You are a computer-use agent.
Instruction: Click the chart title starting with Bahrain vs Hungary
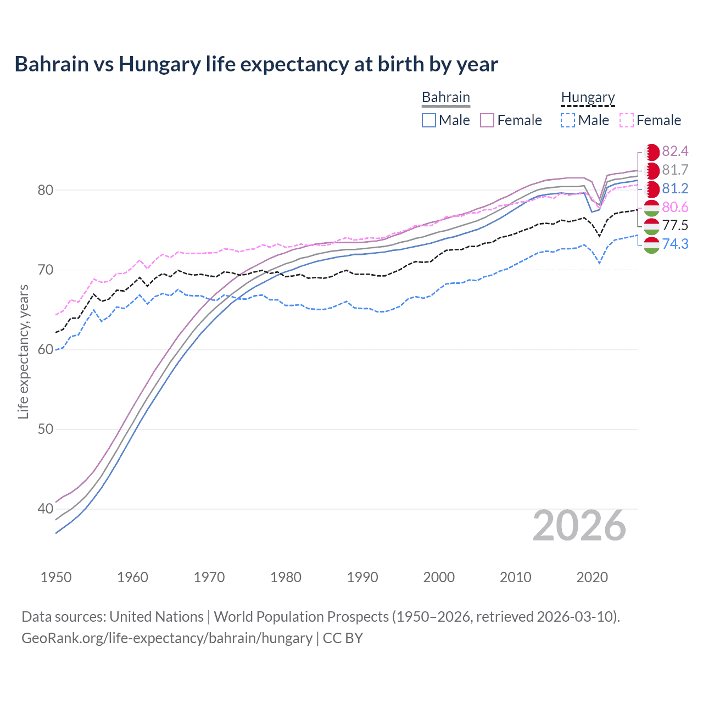point(256,64)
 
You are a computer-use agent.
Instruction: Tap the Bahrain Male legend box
point(429,120)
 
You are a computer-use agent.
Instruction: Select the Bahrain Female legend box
point(487,120)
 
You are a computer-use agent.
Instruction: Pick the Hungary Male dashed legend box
point(568,120)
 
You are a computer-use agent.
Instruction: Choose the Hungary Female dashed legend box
point(626,120)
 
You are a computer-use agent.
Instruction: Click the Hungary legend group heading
point(588,98)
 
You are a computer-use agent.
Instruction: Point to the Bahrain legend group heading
point(445,98)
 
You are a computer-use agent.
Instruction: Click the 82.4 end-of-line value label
point(675,152)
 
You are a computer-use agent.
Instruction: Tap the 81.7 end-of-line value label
point(675,170)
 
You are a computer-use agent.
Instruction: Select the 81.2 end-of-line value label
point(675,189)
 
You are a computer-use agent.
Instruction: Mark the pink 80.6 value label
point(675,207)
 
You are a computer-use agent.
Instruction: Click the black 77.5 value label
point(675,225)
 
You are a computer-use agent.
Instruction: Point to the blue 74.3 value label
point(675,244)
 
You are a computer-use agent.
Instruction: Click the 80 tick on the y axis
point(45,190)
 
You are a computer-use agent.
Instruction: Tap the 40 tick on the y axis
point(45,509)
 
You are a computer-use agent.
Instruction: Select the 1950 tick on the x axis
point(56,577)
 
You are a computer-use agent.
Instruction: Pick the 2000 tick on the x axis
point(439,577)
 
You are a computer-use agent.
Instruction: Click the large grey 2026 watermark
point(579,526)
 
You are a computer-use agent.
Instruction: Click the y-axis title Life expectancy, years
point(24,351)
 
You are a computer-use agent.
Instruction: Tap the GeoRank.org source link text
point(167,638)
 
